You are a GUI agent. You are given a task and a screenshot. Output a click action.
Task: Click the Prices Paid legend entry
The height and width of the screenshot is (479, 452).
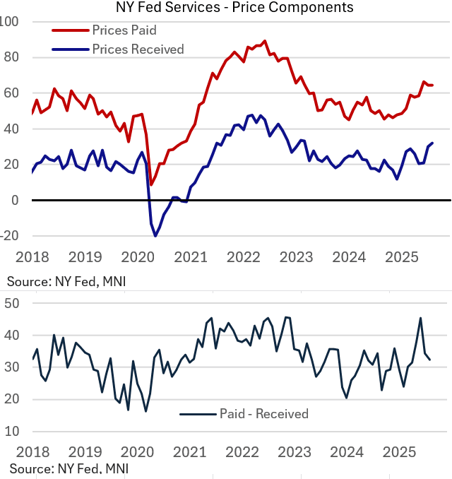(124, 30)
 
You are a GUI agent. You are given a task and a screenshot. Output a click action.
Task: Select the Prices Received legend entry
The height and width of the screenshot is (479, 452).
(138, 49)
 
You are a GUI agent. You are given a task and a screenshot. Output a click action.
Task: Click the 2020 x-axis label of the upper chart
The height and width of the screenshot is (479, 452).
(138, 257)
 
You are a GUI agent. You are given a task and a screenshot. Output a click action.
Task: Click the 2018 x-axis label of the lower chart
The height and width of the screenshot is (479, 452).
(32, 451)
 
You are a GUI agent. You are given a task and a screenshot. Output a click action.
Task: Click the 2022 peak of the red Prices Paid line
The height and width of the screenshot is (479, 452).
(265, 41)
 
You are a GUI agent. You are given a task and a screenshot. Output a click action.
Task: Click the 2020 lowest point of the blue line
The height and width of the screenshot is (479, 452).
(155, 236)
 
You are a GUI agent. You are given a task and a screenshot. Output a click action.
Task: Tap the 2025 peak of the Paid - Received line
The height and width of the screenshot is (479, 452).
(421, 318)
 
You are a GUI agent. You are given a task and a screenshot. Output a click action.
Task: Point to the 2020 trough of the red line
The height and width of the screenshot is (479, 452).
(151, 185)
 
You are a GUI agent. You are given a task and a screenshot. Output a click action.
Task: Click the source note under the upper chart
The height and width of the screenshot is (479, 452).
(68, 281)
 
